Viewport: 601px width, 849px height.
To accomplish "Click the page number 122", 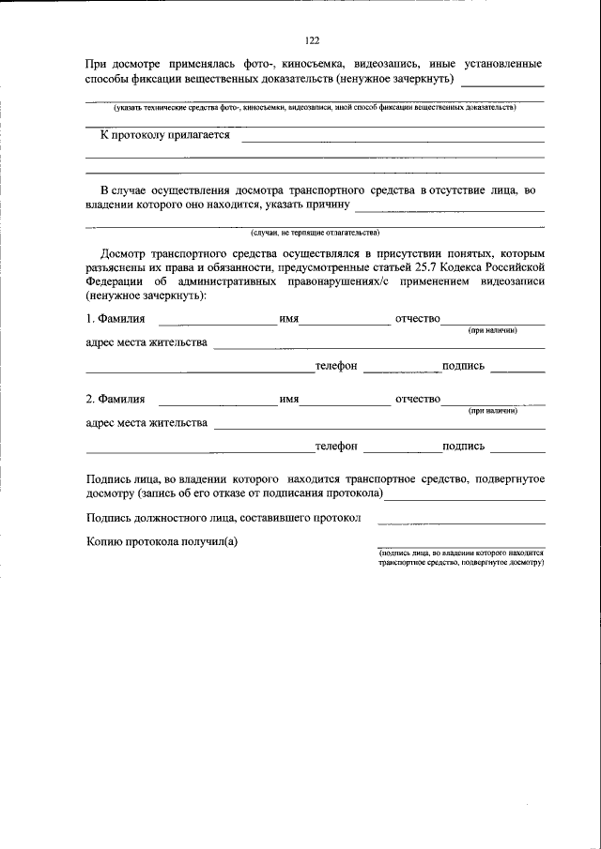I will [313, 40].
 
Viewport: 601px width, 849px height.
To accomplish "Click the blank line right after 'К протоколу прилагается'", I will [393, 140].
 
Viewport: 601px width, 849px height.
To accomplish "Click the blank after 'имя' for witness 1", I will [344, 323].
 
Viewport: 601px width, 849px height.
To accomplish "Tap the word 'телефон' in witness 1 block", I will [336, 366].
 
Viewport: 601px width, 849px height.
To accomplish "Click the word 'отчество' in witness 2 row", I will [418, 401].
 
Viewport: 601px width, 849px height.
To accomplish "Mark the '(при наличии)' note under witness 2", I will [493, 411].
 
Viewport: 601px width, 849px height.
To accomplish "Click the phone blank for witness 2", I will [400, 449].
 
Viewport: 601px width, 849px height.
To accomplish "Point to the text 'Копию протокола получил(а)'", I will [162, 541].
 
